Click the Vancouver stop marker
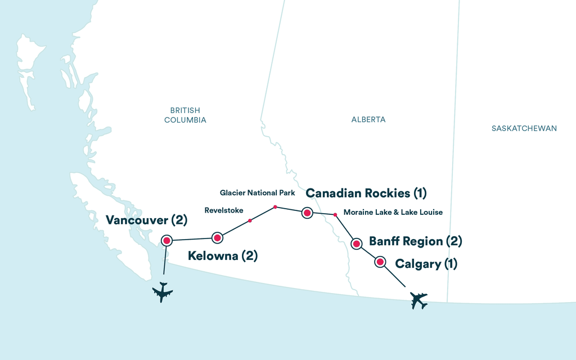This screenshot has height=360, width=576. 166,241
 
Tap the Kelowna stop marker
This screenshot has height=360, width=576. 217,238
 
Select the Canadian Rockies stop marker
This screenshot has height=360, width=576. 307,213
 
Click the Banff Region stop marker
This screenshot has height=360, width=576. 356,244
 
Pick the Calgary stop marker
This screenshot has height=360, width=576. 380,262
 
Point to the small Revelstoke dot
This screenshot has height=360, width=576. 250,220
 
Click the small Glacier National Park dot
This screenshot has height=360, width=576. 275,207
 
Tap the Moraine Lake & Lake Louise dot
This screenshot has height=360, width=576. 335,214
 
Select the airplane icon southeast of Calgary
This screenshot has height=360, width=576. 418,300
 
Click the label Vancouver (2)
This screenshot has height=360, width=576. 146,220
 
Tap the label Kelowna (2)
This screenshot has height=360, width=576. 222,256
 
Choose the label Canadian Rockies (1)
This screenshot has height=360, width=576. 366,193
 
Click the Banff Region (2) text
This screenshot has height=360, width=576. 415,242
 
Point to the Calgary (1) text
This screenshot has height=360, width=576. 426,263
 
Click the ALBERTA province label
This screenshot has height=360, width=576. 368,120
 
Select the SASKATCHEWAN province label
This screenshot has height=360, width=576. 524,128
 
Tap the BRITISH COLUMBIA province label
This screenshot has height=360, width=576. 185,115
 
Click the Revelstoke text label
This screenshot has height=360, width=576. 223,211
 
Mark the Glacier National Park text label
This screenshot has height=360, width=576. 258,193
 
